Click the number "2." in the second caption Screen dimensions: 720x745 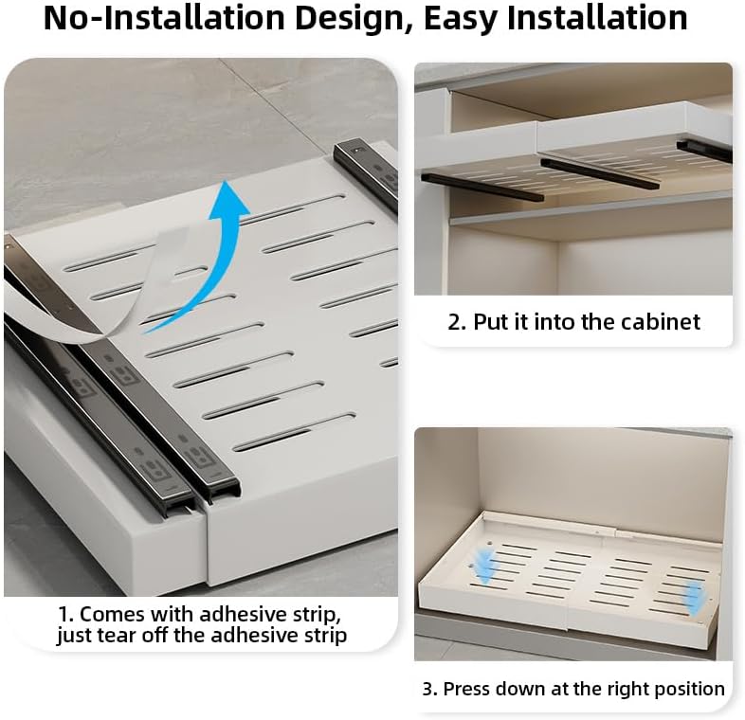457,322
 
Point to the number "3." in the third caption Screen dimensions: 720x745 429,689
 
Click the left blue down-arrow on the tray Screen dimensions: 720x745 484,567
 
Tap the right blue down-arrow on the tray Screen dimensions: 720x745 695,595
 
